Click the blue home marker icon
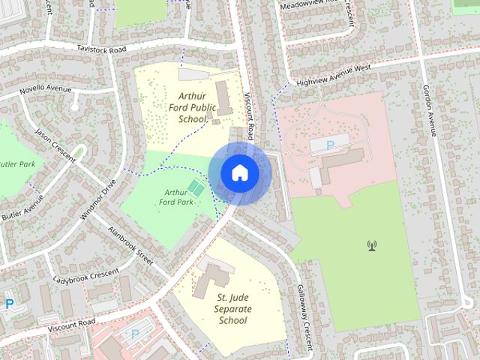click(239, 172)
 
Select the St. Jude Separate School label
click(232, 309)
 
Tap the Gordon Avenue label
click(429, 109)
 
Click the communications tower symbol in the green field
click(370, 244)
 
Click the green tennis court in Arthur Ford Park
click(196, 187)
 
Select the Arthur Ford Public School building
click(223, 98)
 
